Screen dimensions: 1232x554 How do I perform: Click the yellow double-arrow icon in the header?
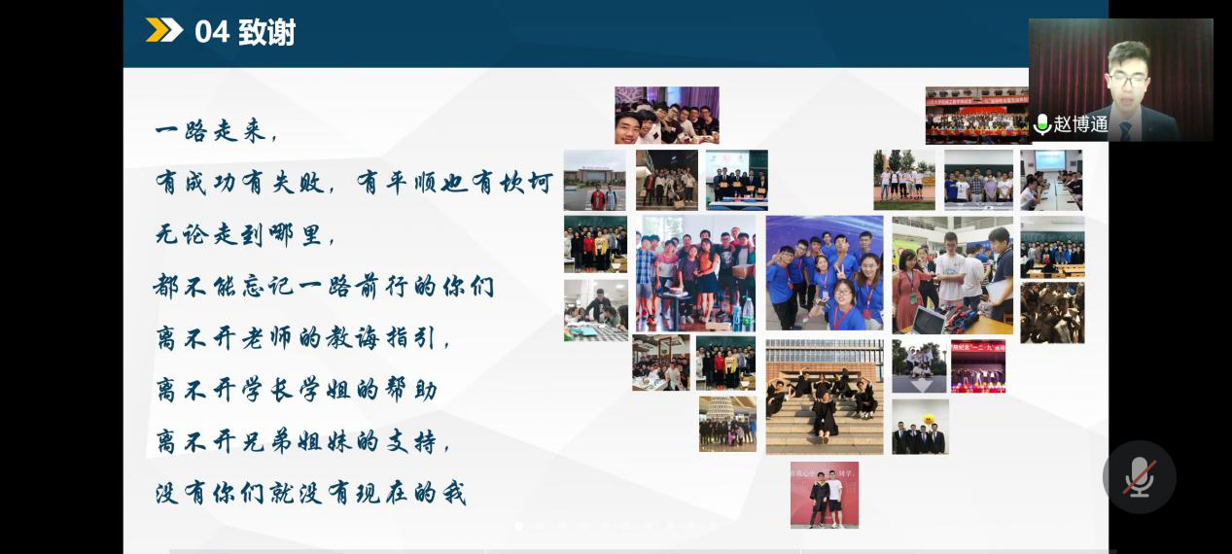click(x=164, y=30)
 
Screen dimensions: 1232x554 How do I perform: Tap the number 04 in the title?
click(x=212, y=31)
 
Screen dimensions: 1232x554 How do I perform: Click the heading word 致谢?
click(x=266, y=31)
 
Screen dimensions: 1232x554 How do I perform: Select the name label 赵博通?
click(x=1080, y=124)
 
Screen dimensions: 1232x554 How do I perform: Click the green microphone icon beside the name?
click(x=1041, y=124)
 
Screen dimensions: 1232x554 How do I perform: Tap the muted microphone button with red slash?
click(x=1139, y=477)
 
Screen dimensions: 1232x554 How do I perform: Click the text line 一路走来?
click(x=216, y=131)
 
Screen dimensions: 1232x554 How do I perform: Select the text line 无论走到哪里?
click(x=245, y=235)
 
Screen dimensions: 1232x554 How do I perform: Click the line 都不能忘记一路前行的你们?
click(x=324, y=287)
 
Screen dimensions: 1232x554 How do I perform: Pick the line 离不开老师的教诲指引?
click(x=302, y=337)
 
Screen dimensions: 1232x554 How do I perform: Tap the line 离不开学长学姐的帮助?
click(x=297, y=390)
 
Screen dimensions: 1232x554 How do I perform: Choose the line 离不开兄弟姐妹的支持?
click(x=302, y=441)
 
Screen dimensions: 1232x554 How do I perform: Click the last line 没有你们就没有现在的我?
click(x=311, y=493)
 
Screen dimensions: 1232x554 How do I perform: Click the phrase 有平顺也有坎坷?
click(x=454, y=183)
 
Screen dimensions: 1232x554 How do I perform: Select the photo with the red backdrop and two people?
click(x=825, y=495)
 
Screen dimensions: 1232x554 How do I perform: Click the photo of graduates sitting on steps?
click(x=825, y=397)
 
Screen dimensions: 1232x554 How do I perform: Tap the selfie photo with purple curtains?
click(x=667, y=116)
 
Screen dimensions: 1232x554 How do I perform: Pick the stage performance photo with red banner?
click(x=978, y=366)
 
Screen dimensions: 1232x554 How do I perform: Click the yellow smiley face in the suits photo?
click(x=929, y=421)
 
